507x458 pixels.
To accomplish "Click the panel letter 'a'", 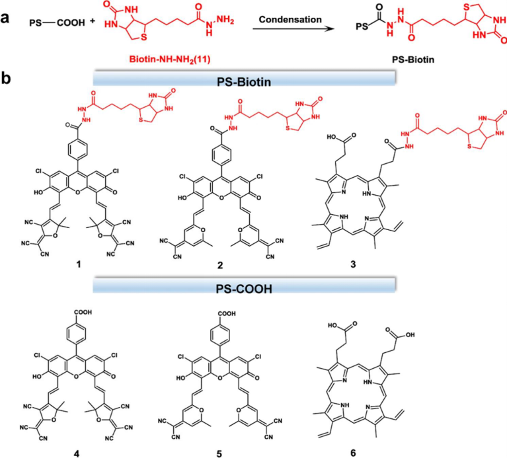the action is (x=5, y=19).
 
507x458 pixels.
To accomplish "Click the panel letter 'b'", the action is (x=6, y=79).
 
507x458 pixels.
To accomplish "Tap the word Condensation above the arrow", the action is (x=290, y=20).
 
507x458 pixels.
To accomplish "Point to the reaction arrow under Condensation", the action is (x=293, y=29).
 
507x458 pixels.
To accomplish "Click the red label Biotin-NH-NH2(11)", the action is (x=170, y=59).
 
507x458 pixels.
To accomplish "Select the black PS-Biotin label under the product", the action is (x=413, y=59).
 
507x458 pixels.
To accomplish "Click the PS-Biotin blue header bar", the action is (x=244, y=79).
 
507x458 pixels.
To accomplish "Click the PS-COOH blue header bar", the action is (x=244, y=286).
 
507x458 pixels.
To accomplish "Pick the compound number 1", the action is (x=78, y=265).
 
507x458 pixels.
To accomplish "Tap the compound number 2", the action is (x=220, y=266).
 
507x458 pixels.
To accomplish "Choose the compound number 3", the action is (x=353, y=264).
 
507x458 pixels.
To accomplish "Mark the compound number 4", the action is (x=77, y=454).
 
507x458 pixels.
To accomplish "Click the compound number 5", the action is (x=219, y=454).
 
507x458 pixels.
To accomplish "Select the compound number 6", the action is (x=353, y=453).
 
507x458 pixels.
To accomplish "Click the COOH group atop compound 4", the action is (x=83, y=312).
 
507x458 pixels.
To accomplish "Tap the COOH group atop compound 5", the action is (x=227, y=313).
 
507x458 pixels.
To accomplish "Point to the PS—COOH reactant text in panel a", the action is (x=57, y=23).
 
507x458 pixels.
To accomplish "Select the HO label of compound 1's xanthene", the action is (x=38, y=192).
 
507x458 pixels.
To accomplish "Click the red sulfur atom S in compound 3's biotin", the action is (x=470, y=147).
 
